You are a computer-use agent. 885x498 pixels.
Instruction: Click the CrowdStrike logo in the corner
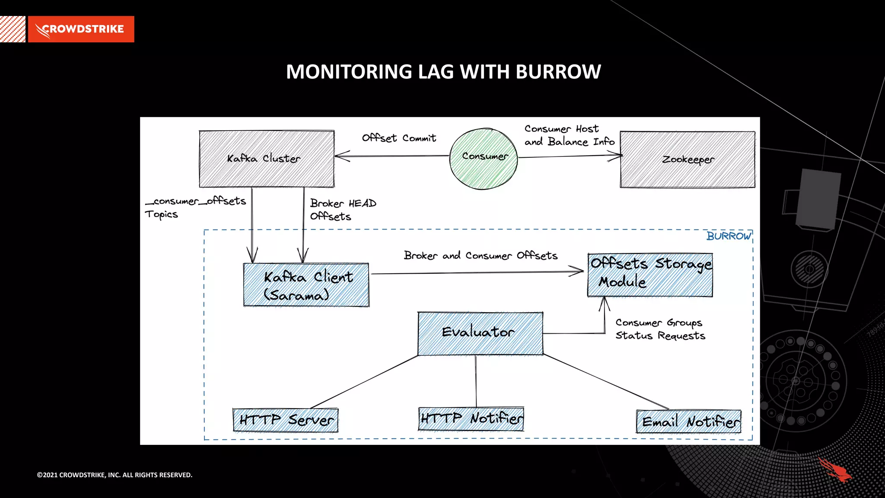point(81,29)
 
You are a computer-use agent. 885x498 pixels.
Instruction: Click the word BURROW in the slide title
point(558,72)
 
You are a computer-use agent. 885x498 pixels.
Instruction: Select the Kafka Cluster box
point(266,159)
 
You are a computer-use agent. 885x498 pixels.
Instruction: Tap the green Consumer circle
point(484,158)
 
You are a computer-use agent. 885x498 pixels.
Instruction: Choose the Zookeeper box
point(687,160)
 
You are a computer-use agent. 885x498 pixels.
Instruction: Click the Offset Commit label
point(399,138)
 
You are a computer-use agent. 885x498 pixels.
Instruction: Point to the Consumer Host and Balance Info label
point(569,135)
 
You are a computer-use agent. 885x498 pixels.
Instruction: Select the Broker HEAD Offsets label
point(342,210)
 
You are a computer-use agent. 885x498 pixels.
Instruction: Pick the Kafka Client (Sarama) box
point(306,285)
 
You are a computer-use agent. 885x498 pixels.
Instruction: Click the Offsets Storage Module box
point(650,275)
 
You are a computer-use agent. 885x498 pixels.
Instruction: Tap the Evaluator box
point(480,333)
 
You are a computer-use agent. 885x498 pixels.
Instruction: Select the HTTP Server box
point(286,420)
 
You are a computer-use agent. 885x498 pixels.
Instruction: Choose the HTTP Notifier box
point(471,418)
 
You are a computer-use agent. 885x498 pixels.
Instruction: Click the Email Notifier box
point(689,421)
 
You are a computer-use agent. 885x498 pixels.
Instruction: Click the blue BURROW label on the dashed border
point(729,236)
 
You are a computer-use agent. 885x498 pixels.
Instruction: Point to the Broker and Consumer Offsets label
point(481,255)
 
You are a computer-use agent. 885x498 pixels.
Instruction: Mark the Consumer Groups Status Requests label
point(660,329)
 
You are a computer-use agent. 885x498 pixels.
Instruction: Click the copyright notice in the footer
point(115,475)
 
